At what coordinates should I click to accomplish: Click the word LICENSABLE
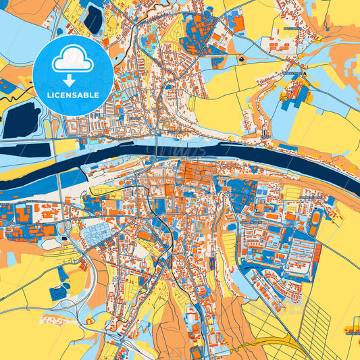point(73,95)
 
